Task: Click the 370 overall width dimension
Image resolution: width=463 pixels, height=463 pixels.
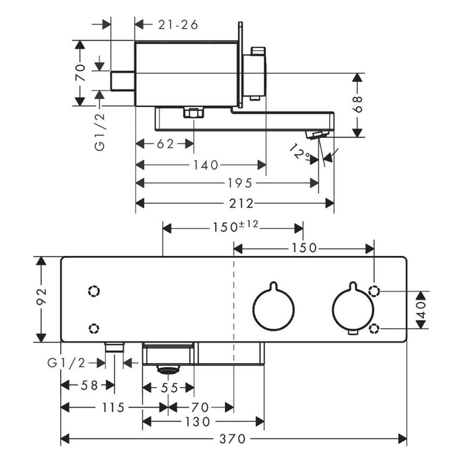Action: click(232, 439)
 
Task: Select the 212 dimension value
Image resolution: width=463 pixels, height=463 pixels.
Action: click(241, 204)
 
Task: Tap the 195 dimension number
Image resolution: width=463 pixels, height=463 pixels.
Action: click(240, 183)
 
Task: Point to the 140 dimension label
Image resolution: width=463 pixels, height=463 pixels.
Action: click(206, 165)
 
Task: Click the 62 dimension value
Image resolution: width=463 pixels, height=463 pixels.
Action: click(165, 144)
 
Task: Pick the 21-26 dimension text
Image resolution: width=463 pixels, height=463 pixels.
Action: click(178, 25)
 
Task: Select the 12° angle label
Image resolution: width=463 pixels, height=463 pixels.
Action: click(301, 151)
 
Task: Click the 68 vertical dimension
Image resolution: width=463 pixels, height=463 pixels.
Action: click(358, 104)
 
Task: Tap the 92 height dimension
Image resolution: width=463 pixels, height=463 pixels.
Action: click(42, 296)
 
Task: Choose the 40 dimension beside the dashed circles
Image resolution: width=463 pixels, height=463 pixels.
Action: click(422, 310)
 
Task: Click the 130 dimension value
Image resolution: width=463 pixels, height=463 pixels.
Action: click(198, 422)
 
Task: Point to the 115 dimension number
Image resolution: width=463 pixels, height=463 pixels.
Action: click(113, 408)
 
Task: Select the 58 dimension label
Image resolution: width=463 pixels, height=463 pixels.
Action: click(89, 385)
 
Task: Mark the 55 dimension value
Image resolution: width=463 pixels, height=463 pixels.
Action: click(169, 388)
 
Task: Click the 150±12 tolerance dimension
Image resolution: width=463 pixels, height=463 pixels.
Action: click(235, 226)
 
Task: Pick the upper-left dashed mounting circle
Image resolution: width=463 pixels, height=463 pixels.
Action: click(94, 291)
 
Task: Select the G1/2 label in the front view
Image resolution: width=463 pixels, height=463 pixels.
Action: click(66, 363)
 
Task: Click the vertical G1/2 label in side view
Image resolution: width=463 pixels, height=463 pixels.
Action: click(100, 132)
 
